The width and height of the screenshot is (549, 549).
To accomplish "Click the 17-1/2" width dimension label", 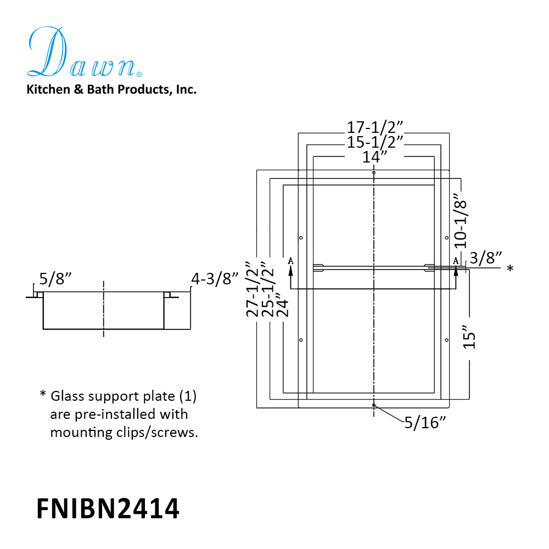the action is pyautogui.click(x=374, y=127).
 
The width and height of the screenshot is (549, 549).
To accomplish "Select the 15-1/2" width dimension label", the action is pyautogui.click(x=374, y=142).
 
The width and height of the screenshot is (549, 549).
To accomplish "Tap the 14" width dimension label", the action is pyautogui.click(x=374, y=157).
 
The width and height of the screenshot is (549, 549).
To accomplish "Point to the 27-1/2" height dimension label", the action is pyautogui.click(x=253, y=289).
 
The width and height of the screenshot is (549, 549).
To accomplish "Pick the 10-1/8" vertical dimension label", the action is pyautogui.click(x=461, y=220).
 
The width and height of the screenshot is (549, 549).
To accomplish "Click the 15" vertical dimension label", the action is pyautogui.click(x=469, y=337).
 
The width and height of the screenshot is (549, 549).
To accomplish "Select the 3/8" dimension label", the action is pyautogui.click(x=486, y=257).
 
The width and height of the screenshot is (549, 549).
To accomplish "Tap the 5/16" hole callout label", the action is pyautogui.click(x=425, y=423).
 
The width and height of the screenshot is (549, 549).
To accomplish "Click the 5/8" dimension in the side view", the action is pyautogui.click(x=55, y=279).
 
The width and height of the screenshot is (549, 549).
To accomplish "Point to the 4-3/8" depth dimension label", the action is pyautogui.click(x=214, y=279).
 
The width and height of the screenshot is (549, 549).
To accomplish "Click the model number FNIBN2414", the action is pyautogui.click(x=108, y=508).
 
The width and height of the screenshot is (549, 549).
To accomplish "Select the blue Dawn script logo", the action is pyautogui.click(x=85, y=52).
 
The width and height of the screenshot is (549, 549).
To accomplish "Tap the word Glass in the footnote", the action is pyautogui.click(x=67, y=396).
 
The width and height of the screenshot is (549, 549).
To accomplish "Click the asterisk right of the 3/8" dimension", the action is pyautogui.click(x=510, y=268).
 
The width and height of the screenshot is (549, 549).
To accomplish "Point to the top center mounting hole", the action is pyautogui.click(x=374, y=172).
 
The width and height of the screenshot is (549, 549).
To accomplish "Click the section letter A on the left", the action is pyautogui.click(x=290, y=261).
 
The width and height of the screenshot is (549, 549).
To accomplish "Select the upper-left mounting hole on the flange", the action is pyautogui.click(x=301, y=238).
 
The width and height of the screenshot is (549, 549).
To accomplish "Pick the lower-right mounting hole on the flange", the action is pyautogui.click(x=447, y=340).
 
